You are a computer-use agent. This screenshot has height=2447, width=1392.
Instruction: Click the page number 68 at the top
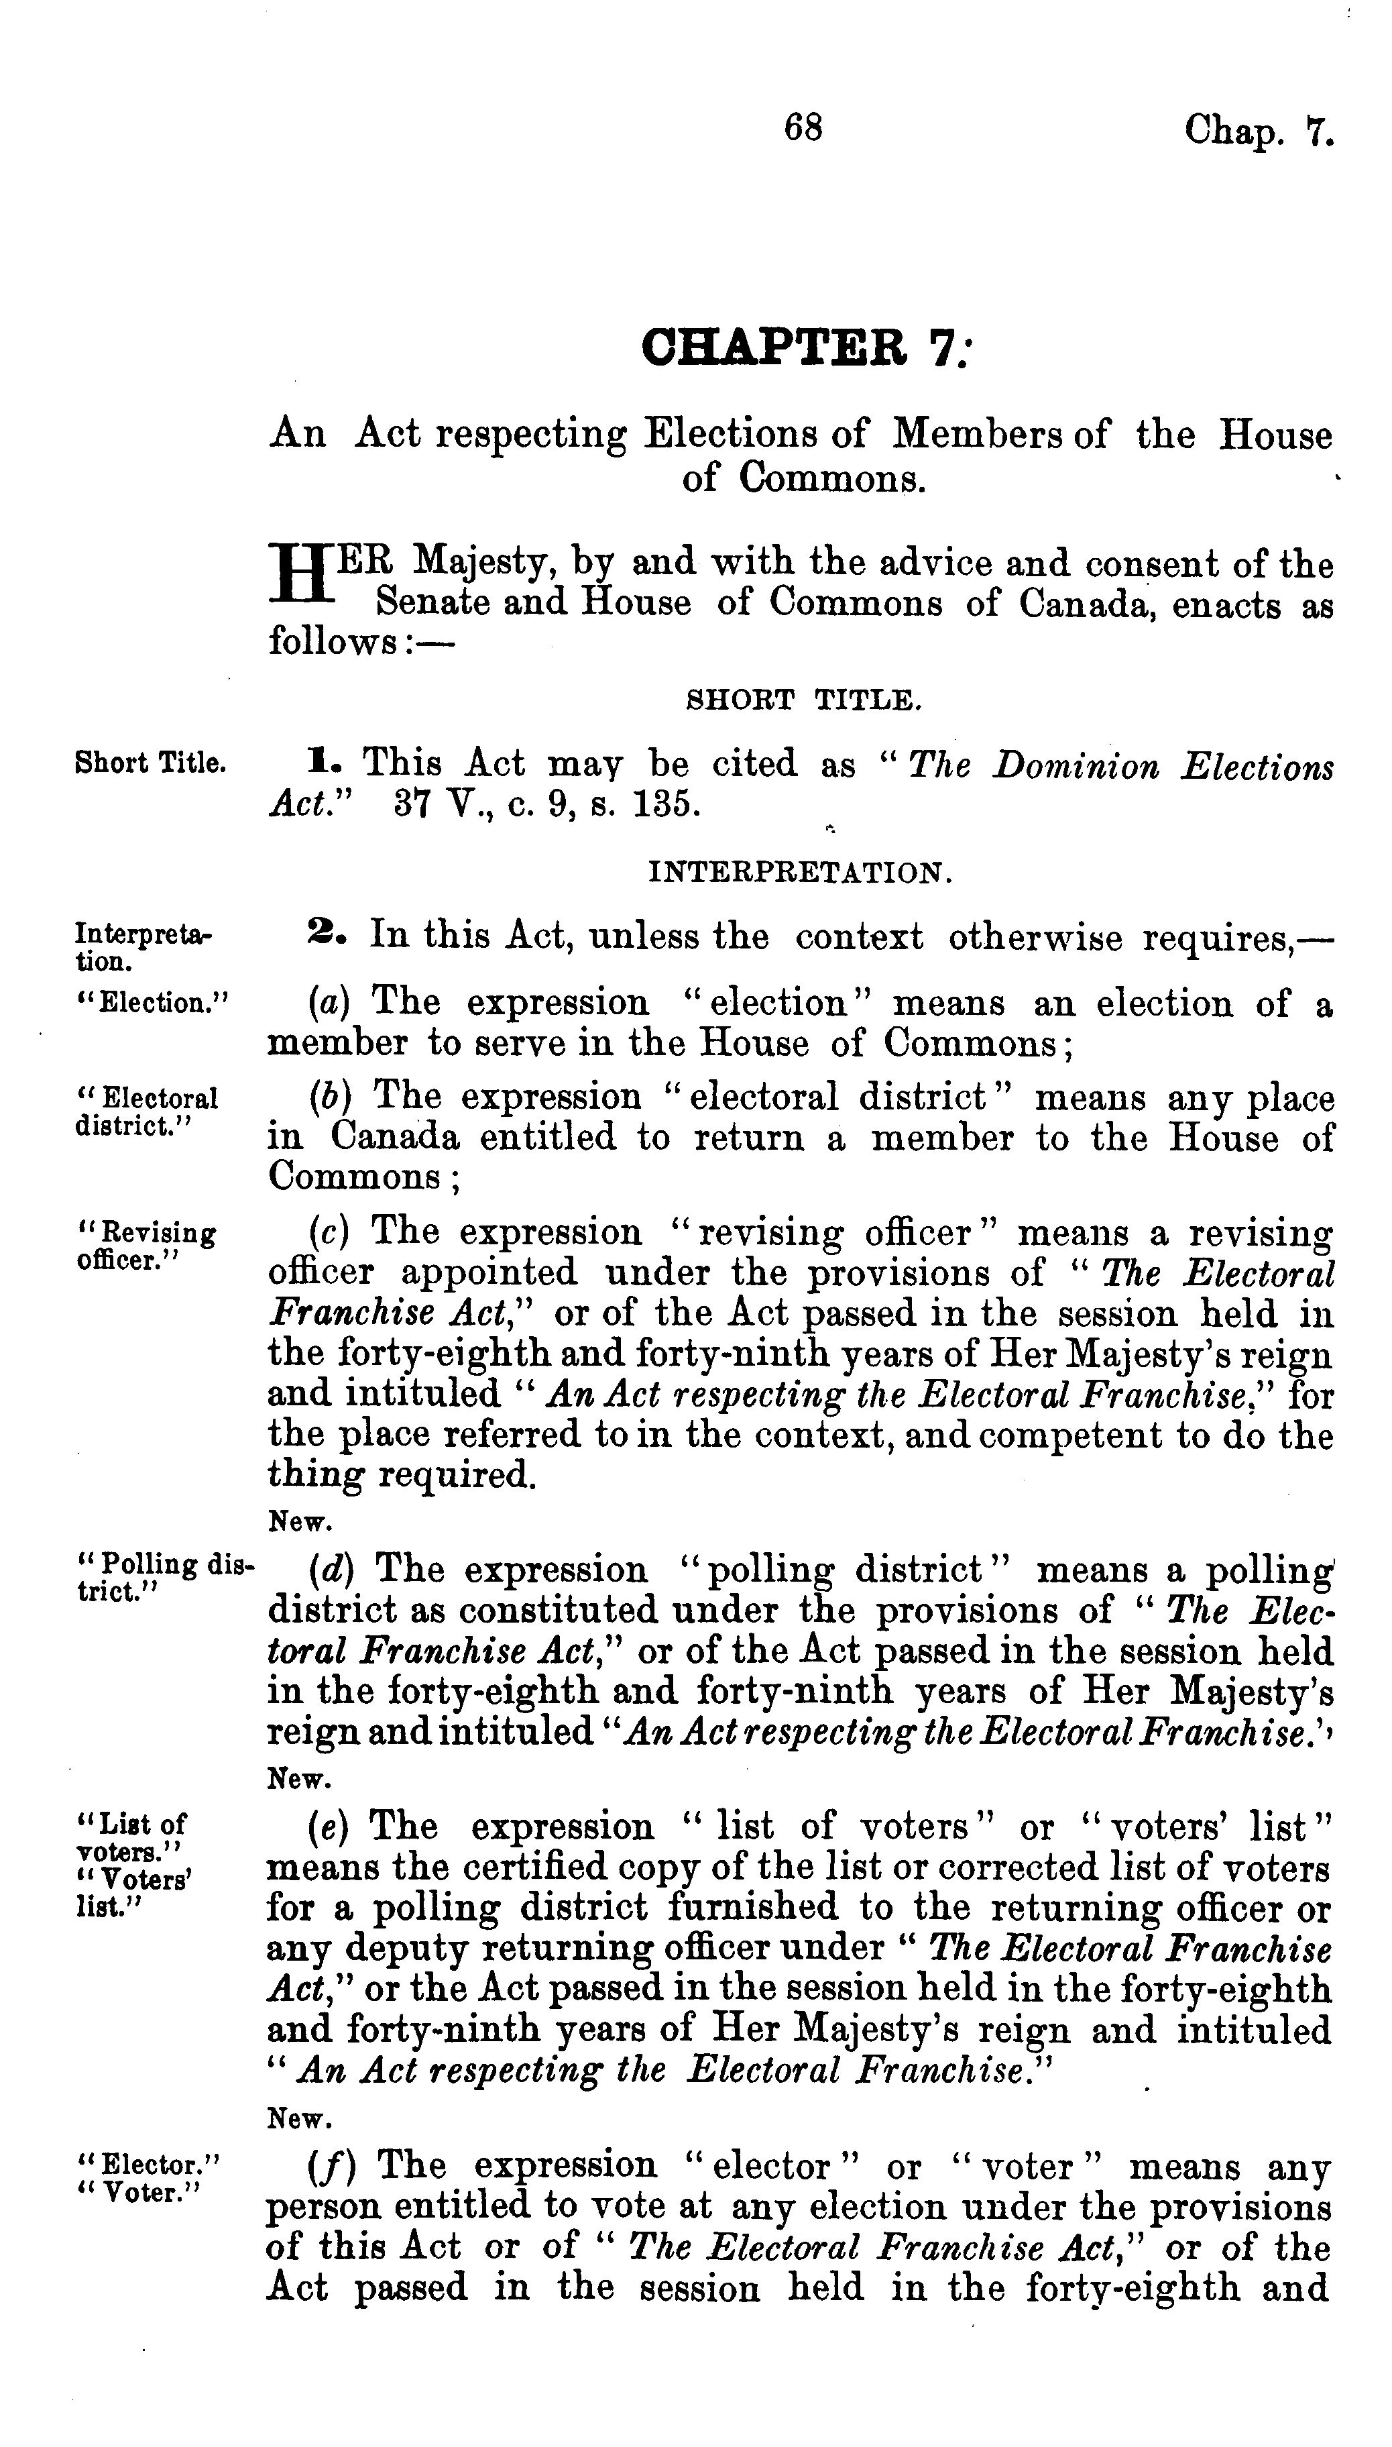(x=802, y=127)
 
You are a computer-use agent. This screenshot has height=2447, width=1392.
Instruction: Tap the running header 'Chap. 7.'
(x=1258, y=130)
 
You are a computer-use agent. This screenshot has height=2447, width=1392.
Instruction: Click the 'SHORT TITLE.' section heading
(x=804, y=701)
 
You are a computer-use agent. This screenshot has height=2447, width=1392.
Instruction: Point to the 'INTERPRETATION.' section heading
(x=800, y=873)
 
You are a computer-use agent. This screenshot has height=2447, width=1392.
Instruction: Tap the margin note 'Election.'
(x=153, y=1003)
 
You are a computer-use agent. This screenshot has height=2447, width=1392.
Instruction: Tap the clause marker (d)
(x=331, y=1570)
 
